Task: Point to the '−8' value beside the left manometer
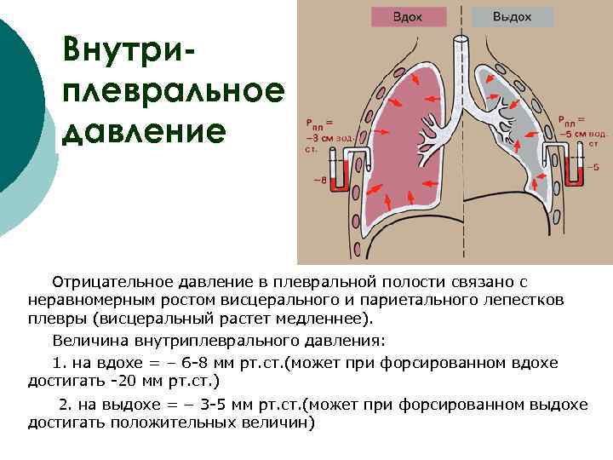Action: (320, 180)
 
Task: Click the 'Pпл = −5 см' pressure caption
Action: (583, 126)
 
